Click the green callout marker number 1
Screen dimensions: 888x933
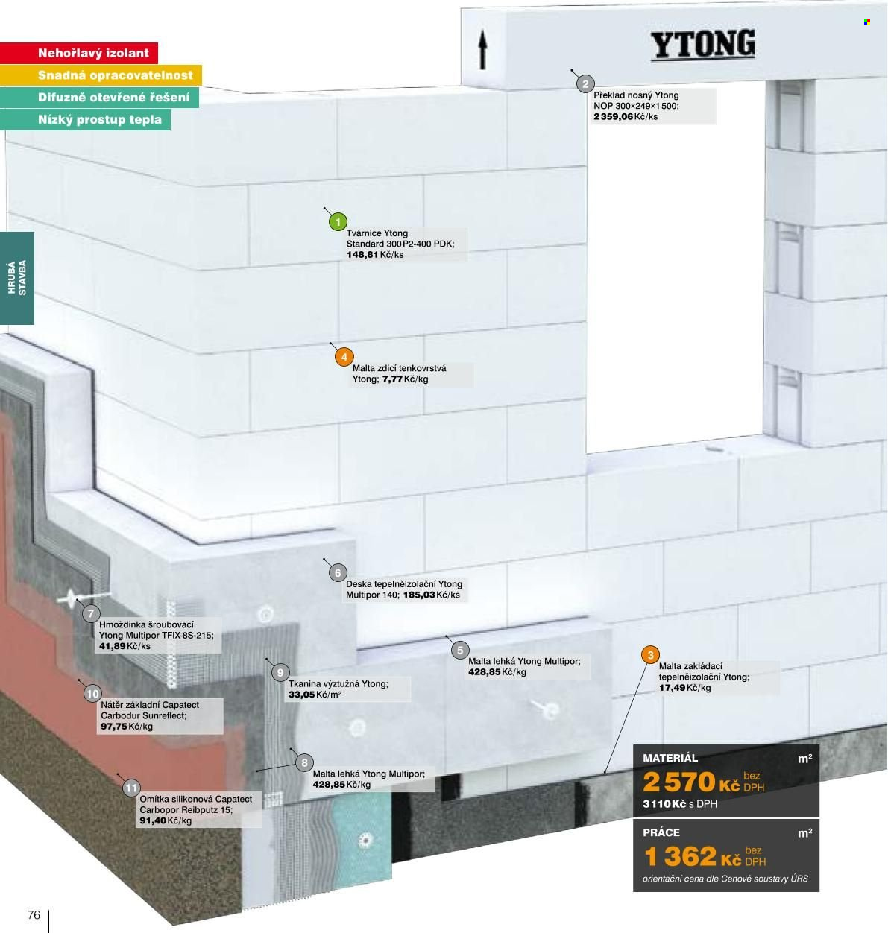338,221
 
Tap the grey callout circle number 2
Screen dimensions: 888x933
585,84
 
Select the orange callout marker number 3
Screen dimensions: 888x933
650,655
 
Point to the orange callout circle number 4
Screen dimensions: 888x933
344,357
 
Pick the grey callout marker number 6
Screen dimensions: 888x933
338,573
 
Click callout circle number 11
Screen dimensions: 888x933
131,788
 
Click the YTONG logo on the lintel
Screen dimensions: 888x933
703,45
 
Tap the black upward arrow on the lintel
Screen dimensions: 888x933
482,49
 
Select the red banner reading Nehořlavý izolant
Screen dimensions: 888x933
79,53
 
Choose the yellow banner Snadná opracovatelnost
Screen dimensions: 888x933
101,75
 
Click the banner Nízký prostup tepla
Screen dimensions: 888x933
85,119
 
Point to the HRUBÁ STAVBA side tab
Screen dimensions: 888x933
17,278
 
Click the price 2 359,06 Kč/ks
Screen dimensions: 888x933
626,117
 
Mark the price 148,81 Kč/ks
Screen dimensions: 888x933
375,255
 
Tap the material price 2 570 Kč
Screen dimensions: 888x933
691,782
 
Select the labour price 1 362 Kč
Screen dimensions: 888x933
693,856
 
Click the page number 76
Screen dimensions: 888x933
34,915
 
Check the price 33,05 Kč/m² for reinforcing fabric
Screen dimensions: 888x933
315,695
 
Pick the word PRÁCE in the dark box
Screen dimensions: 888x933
661,833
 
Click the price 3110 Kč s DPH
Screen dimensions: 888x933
680,804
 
